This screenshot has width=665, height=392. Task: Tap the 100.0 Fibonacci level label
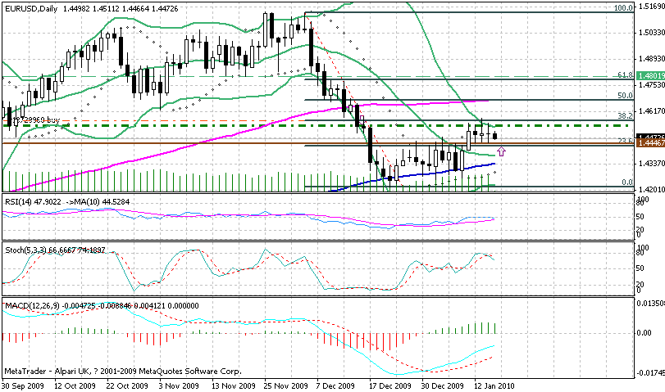point(622,7)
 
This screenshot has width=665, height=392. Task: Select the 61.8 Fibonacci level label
point(624,74)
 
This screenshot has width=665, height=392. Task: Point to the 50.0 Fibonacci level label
point(624,96)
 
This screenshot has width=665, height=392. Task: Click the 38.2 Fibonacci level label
point(624,116)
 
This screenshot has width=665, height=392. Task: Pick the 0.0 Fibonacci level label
point(627,182)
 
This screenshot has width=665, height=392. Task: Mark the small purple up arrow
point(501,151)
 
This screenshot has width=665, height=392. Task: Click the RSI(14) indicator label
point(16,201)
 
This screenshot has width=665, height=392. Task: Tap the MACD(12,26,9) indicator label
point(28,305)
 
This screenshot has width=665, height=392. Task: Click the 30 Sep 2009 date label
point(24,385)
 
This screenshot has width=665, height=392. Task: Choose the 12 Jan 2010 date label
point(494,385)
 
